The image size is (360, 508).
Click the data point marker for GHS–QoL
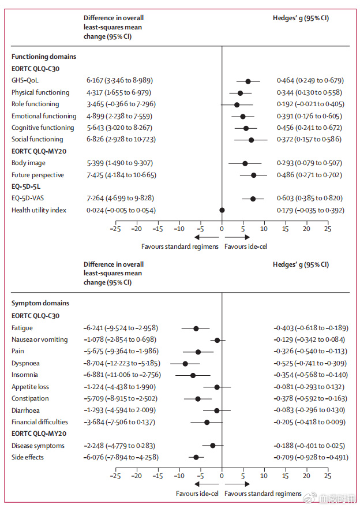pos(248,81)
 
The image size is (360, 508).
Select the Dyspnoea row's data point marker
pos(185,364)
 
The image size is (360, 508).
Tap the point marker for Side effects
pos(196,457)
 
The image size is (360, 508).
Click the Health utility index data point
pos(222,210)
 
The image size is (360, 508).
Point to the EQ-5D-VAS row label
pos(28,199)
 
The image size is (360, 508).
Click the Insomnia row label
pos(25,375)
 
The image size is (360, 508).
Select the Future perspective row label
pos(37,175)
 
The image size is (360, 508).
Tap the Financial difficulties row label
pos(40,422)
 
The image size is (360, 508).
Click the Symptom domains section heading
pos(40,303)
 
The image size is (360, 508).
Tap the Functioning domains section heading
pos(44,57)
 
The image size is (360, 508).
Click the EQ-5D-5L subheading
pos(27,186)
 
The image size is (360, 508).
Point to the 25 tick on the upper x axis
pos(327,229)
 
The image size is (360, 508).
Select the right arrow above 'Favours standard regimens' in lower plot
pos(237,484)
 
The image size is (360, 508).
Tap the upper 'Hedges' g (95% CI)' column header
pos(301,18)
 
